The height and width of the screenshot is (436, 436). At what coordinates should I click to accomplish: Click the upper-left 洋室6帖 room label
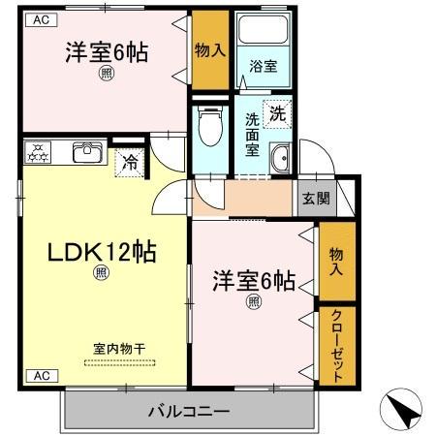(x=107, y=54)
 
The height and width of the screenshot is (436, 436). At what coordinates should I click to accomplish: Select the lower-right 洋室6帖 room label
(x=254, y=281)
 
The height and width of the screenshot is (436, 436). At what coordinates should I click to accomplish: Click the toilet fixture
(x=206, y=126)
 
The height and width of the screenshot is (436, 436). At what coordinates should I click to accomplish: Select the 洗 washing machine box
(x=278, y=112)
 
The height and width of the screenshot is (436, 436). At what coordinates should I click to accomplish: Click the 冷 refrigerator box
(x=129, y=162)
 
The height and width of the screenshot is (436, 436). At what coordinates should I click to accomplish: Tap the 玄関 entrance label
(x=315, y=199)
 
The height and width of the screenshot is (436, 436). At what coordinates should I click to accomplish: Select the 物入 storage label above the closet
(x=336, y=259)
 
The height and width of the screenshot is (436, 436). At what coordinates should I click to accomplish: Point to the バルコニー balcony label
(x=189, y=412)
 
